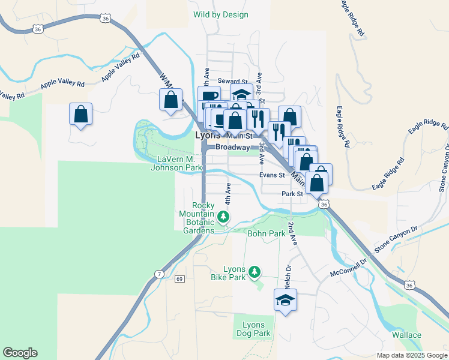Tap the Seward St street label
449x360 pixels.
233,81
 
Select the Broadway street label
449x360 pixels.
232,147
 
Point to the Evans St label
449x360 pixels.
271,175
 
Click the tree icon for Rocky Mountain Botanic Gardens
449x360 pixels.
223,217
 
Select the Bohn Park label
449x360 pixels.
265,232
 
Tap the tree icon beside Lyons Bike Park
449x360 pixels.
255,272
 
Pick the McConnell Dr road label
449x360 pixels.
348,268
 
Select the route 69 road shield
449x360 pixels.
179,279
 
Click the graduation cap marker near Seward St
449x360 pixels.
241,94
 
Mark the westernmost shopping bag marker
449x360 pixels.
80,114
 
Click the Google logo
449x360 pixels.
20,353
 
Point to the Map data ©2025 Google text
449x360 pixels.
411,355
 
